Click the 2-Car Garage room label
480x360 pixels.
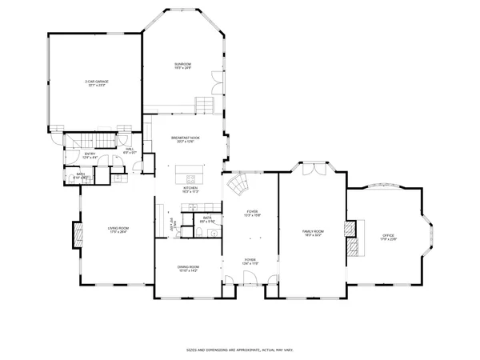[x=97, y=83]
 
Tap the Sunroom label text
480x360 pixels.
[x=184, y=66]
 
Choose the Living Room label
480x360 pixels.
[x=118, y=230]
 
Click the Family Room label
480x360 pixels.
[x=312, y=233]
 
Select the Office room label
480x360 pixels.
[x=388, y=236]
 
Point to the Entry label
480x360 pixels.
[x=90, y=155]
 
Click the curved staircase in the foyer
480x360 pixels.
[x=238, y=190]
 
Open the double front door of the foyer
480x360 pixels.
[x=250, y=279]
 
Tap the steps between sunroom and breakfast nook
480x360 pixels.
[x=206, y=105]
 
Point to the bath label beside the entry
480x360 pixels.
[x=82, y=175]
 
